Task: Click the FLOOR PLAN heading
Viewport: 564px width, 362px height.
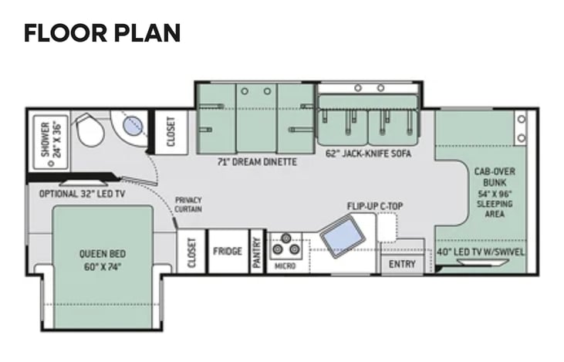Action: point(102,33)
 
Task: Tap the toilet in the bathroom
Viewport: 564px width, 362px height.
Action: point(89,129)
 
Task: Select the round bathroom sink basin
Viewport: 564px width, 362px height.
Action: point(133,127)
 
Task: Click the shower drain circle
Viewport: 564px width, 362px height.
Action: point(51,163)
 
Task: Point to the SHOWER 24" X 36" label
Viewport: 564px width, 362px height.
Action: point(52,140)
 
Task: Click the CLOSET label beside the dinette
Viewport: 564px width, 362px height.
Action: point(171,132)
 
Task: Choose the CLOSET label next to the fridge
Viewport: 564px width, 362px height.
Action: point(191,252)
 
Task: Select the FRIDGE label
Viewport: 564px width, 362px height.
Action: point(228,251)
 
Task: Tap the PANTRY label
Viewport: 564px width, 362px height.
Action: point(256,252)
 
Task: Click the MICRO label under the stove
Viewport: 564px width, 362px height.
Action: point(285,266)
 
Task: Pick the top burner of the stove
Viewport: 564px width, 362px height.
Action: point(286,238)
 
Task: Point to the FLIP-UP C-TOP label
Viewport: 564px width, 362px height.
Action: point(375,206)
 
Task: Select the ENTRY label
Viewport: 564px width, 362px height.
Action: point(402,264)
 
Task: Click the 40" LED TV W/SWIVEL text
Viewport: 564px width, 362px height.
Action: point(481,252)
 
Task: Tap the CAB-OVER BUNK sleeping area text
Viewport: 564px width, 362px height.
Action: point(495,192)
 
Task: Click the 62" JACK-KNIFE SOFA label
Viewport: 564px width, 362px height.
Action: point(368,154)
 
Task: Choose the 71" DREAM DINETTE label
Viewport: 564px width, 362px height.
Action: point(257,162)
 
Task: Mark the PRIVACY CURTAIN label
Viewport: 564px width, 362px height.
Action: point(188,205)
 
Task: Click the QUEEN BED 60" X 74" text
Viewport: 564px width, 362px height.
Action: point(103,260)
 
